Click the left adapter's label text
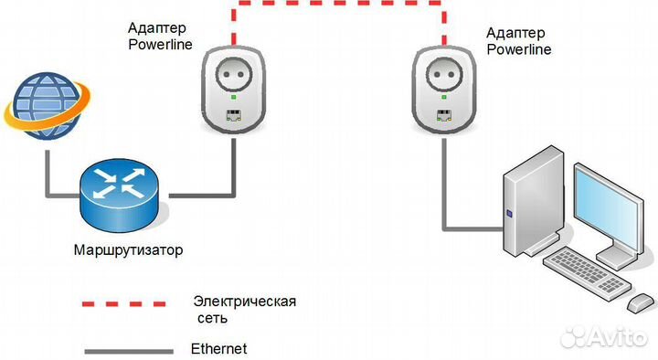(x=159, y=36)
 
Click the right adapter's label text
(x=519, y=41)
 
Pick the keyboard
(x=584, y=270)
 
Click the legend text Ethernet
(x=218, y=348)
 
